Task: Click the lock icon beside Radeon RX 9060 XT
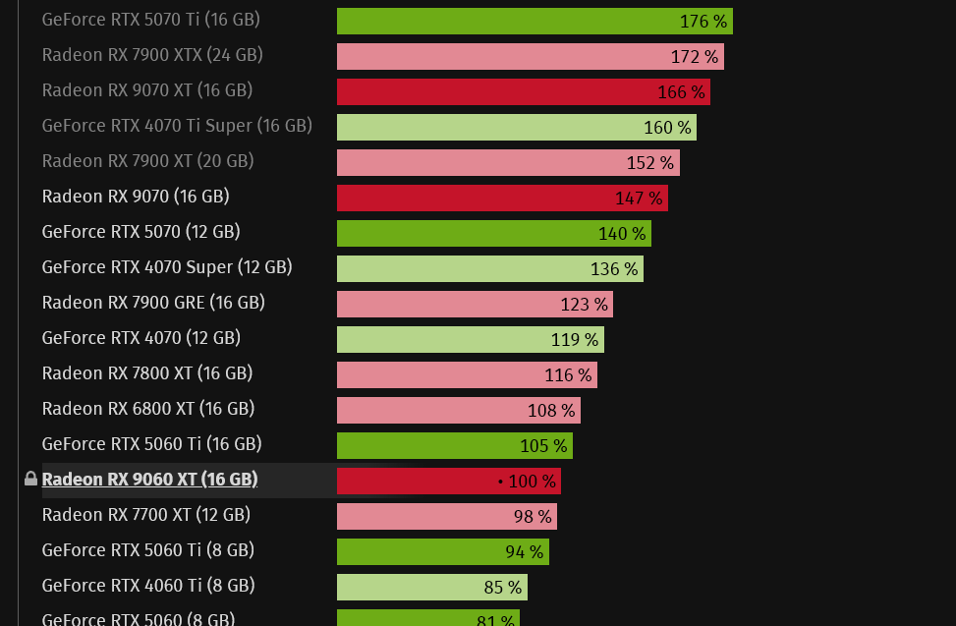pyautogui.click(x=30, y=480)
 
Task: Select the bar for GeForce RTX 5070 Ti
pyautogui.click(x=534, y=22)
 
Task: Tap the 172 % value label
pyautogui.click(x=695, y=57)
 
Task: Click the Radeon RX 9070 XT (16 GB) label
pyautogui.click(x=147, y=90)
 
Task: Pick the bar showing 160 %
pyautogui.click(x=515, y=128)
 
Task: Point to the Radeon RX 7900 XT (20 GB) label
pyautogui.click(x=147, y=161)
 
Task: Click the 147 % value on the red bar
pyautogui.click(x=639, y=199)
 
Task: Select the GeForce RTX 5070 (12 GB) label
pyautogui.click(x=141, y=232)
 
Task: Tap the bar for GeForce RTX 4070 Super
pyautogui.click(x=489, y=269)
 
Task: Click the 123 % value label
pyautogui.click(x=584, y=305)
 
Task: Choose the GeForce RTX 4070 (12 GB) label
pyautogui.click(x=141, y=338)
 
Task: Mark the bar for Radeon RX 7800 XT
pyautogui.click(x=466, y=375)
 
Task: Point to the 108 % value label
pyautogui.click(x=551, y=411)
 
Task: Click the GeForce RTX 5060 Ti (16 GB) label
pyautogui.click(x=151, y=444)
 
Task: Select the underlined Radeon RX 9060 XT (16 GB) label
pyautogui.click(x=149, y=480)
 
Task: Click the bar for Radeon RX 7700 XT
pyautogui.click(x=446, y=517)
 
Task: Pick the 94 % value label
pyautogui.click(x=524, y=552)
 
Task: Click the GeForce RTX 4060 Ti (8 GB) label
pyautogui.click(x=147, y=586)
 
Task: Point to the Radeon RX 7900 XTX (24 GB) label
pyautogui.click(x=151, y=55)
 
